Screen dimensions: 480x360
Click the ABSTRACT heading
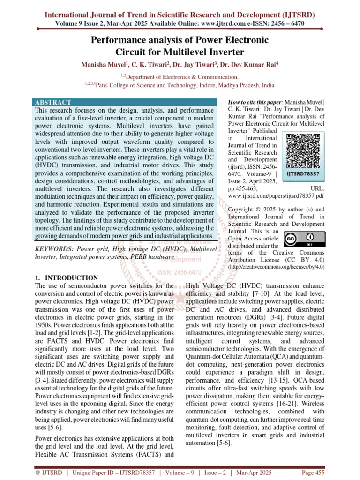53,102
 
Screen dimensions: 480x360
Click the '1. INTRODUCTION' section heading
67,277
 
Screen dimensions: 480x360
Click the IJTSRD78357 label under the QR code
303,173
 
